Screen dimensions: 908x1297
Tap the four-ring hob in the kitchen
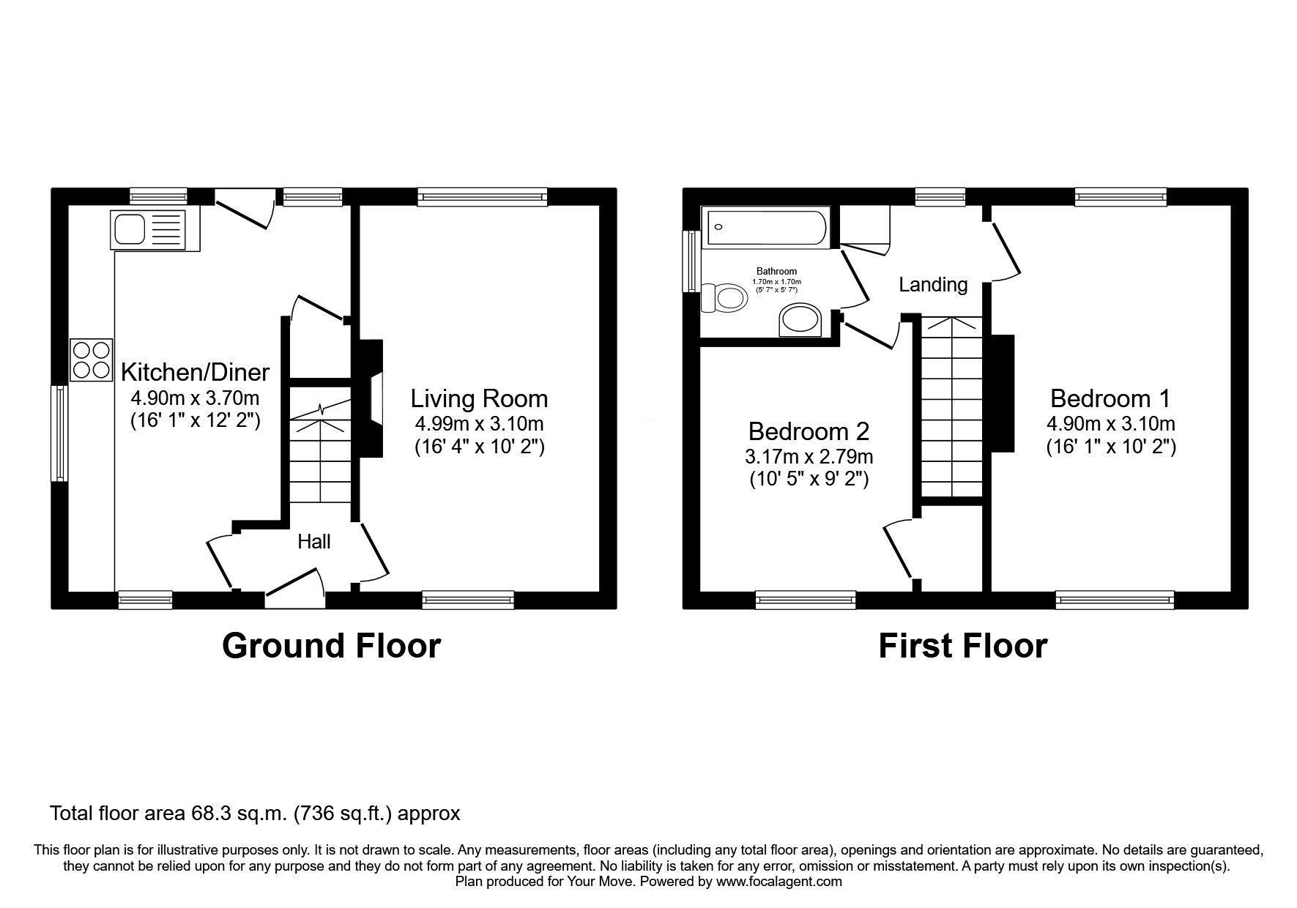pos(92,360)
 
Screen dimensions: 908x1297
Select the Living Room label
pos(479,399)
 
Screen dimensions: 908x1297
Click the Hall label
pos(313,542)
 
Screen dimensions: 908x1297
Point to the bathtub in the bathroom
pos(765,228)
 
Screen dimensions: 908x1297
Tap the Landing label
pos(933,285)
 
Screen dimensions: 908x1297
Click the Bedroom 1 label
pos(1110,399)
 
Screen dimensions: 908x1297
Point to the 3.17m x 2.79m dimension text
pos(809,458)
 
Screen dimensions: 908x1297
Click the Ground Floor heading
pos(331,647)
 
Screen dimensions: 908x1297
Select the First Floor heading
pos(962,647)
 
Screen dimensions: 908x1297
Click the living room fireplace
pos(371,398)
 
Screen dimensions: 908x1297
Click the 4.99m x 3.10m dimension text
pos(479,424)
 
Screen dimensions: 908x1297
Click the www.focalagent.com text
pos(778,882)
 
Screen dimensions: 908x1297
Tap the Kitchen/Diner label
pos(195,373)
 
